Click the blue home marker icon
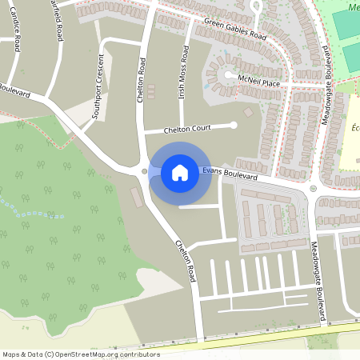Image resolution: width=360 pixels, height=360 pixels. (180, 173)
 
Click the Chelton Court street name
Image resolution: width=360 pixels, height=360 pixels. (186, 130)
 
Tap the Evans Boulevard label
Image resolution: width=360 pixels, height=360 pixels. (230, 173)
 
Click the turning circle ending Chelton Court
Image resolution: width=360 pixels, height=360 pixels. (234, 124)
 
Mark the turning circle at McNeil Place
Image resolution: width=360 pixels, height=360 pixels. (228, 76)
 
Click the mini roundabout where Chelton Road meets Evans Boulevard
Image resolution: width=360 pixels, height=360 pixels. (144, 170)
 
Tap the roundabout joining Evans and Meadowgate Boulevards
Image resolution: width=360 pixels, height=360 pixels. (313, 189)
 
